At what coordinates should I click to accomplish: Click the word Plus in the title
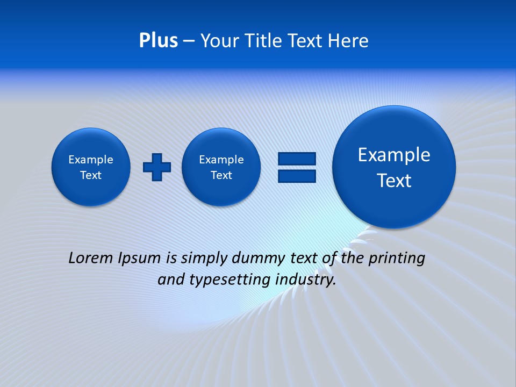[158, 40]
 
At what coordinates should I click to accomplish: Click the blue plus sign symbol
[157, 167]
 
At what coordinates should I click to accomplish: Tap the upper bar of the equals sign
[297, 159]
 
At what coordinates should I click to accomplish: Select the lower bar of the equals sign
[297, 176]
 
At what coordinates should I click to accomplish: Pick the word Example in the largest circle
[394, 155]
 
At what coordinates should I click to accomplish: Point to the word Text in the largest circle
[394, 181]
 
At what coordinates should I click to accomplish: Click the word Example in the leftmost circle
[91, 160]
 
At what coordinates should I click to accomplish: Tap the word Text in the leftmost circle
[91, 175]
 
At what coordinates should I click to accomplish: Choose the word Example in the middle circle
[221, 160]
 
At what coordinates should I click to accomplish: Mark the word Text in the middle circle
[221, 175]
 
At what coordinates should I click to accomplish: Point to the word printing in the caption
[398, 259]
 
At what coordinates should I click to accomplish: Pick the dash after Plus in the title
[189, 41]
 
